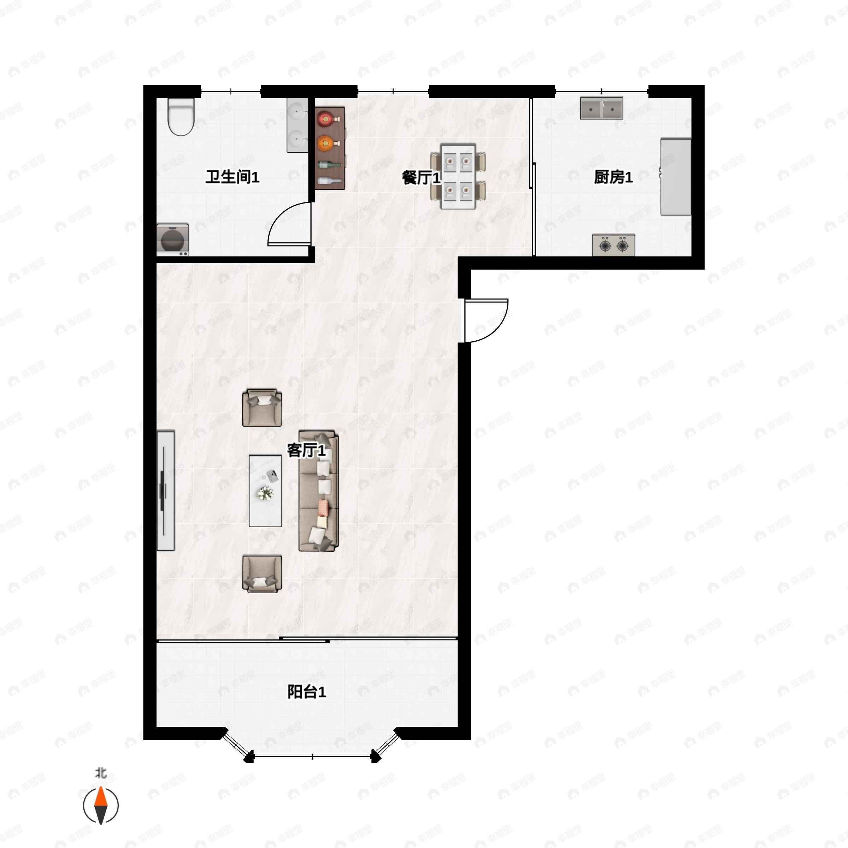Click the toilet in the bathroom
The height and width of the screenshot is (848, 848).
pyautogui.click(x=181, y=116)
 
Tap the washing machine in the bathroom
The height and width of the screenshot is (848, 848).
pyautogui.click(x=172, y=240)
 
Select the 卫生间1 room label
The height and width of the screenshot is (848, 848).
pyautogui.click(x=232, y=177)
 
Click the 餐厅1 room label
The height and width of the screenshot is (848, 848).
pyautogui.click(x=420, y=178)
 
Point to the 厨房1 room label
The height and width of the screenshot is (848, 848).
pyautogui.click(x=613, y=177)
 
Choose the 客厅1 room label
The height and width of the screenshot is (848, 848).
pyautogui.click(x=306, y=450)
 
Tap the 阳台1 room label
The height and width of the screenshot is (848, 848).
pyautogui.click(x=306, y=692)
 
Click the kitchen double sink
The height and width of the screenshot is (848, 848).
pyautogui.click(x=601, y=108)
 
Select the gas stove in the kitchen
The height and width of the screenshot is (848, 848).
pyautogui.click(x=613, y=245)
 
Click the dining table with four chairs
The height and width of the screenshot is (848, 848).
pyautogui.click(x=458, y=176)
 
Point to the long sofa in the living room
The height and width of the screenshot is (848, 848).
pyautogui.click(x=319, y=491)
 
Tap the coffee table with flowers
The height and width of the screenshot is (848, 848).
pyautogui.click(x=265, y=491)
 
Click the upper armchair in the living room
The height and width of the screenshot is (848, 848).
pyautogui.click(x=262, y=407)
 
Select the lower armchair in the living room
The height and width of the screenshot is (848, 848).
pyautogui.click(x=262, y=574)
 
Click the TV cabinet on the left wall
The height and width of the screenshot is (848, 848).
pyautogui.click(x=165, y=491)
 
